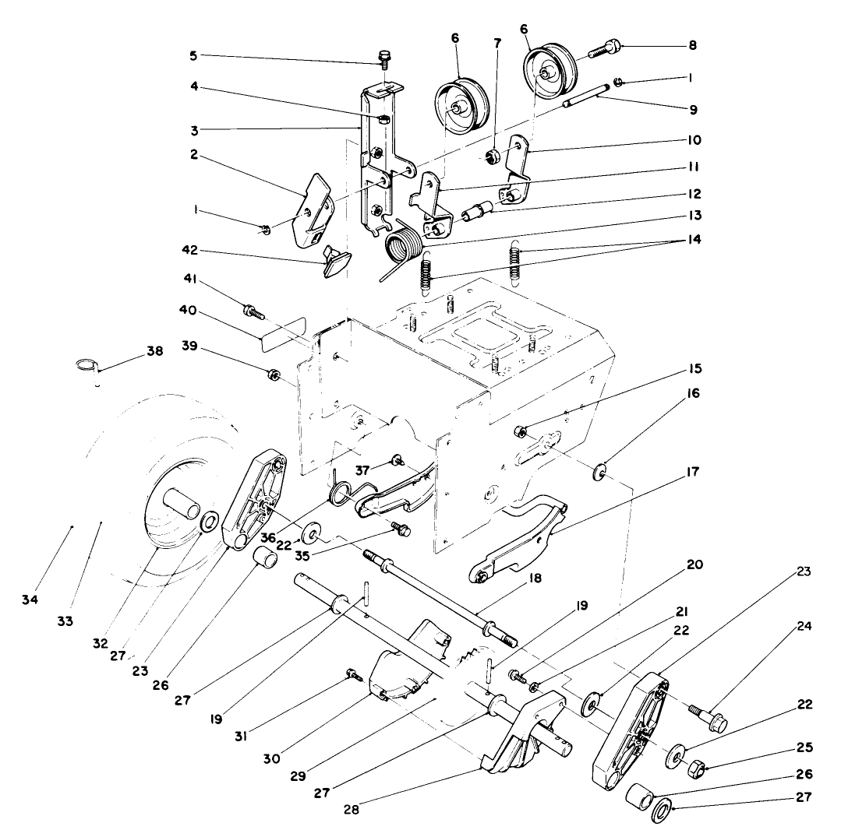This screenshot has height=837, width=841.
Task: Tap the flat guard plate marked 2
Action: pos(313,206)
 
